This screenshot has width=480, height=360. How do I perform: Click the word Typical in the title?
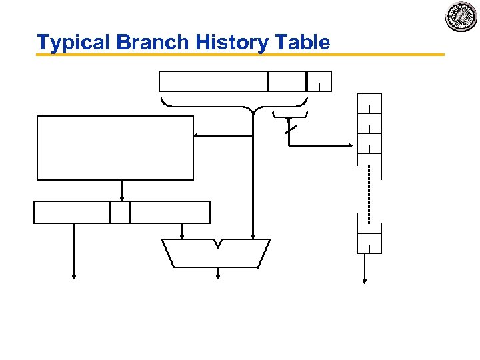(74, 43)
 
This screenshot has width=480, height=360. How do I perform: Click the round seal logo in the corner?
(461, 17)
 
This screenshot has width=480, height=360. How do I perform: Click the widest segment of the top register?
(213, 81)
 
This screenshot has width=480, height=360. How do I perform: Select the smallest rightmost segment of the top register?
(319, 81)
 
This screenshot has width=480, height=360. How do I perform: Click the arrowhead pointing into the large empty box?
(197, 136)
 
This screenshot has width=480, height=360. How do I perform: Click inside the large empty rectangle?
(115, 147)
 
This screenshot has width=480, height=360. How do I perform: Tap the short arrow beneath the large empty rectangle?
(121, 191)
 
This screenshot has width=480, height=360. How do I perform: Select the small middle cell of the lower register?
(120, 212)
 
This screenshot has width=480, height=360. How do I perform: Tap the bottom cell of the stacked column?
(369, 242)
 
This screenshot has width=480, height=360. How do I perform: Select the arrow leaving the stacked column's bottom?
(365, 270)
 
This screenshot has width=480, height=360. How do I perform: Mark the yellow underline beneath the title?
(240, 55)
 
